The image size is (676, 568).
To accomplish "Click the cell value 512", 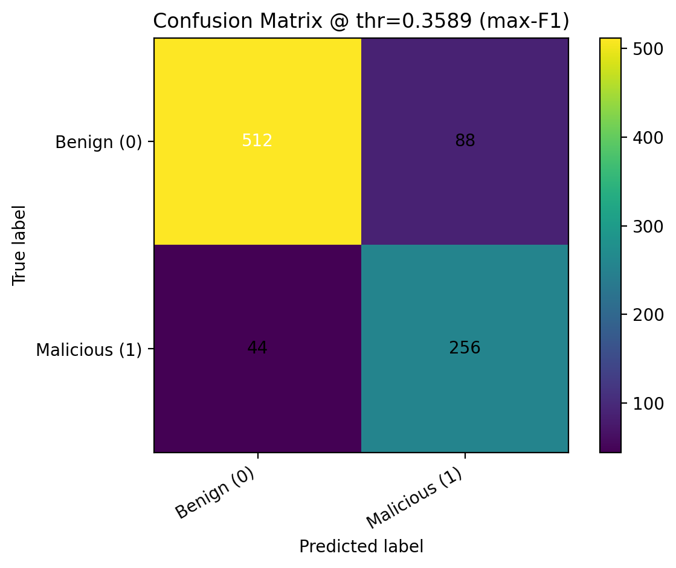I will coord(257,141).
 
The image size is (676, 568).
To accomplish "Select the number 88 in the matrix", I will coord(465,141).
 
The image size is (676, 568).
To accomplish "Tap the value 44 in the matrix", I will coord(257,348).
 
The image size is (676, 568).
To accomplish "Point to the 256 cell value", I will coord(465,348).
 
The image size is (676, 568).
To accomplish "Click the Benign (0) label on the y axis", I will coord(98,142).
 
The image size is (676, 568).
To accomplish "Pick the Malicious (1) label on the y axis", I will coord(89,350).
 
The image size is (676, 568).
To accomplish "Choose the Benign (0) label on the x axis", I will coord(214,493).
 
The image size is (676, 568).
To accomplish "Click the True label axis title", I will coord(19,245).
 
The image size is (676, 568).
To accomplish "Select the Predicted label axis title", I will coord(361,546).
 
